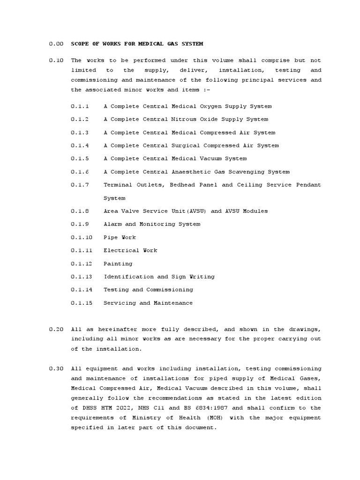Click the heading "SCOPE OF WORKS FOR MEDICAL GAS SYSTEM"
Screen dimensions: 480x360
click(x=137, y=44)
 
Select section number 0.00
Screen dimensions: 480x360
click(x=56, y=44)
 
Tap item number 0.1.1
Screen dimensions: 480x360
click(x=80, y=106)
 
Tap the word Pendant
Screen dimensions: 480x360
click(x=308, y=185)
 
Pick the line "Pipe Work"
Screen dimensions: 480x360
click(x=120, y=238)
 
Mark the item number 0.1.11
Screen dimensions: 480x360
click(x=82, y=251)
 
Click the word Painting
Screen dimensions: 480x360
click(x=118, y=264)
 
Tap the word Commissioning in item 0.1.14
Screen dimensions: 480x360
click(x=169, y=290)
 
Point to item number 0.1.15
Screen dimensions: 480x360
click(x=82, y=303)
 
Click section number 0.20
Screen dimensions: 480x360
click(x=56, y=330)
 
